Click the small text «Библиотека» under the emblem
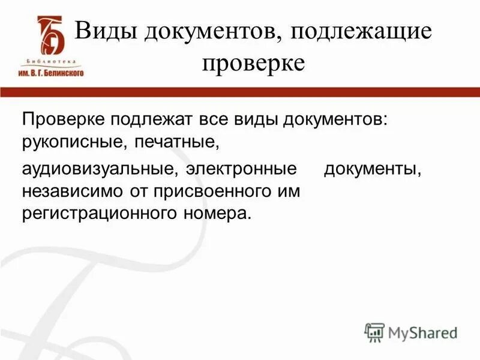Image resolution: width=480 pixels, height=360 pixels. tap(52, 61)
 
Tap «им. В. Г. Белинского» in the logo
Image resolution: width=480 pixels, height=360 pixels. tap(52, 71)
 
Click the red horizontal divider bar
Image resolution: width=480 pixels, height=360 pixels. tap(240, 92)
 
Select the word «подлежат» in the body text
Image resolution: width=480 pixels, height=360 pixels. tap(146, 119)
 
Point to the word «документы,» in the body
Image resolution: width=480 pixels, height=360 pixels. tap(373, 170)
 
